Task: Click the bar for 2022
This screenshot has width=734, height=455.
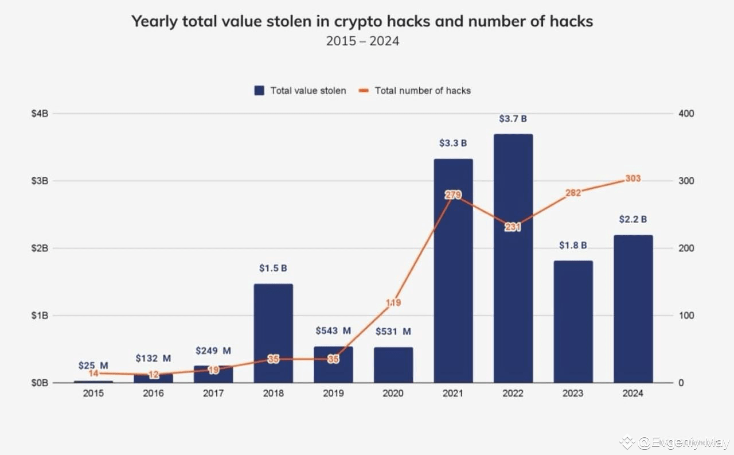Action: coord(513,258)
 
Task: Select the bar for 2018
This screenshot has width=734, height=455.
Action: coord(274,333)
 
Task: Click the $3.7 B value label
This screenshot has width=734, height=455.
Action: coord(513,119)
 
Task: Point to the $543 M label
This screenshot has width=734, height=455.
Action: coord(333,331)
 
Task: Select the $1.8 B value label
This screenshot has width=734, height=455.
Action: coord(573,245)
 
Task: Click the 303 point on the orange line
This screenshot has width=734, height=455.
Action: coord(633,178)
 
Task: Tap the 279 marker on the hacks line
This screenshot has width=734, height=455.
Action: coord(453,195)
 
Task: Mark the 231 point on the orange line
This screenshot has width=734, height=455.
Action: coord(513,227)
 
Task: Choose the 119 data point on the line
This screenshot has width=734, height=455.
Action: coord(393,302)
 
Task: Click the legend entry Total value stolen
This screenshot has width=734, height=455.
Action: coord(300,91)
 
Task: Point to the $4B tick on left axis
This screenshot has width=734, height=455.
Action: coord(41,114)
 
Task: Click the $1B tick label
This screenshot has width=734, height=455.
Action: coord(41,316)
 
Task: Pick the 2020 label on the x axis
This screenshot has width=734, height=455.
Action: coord(393,394)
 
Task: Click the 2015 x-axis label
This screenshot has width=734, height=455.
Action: coord(93,394)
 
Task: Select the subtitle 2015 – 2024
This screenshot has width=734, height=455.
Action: coord(362,41)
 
